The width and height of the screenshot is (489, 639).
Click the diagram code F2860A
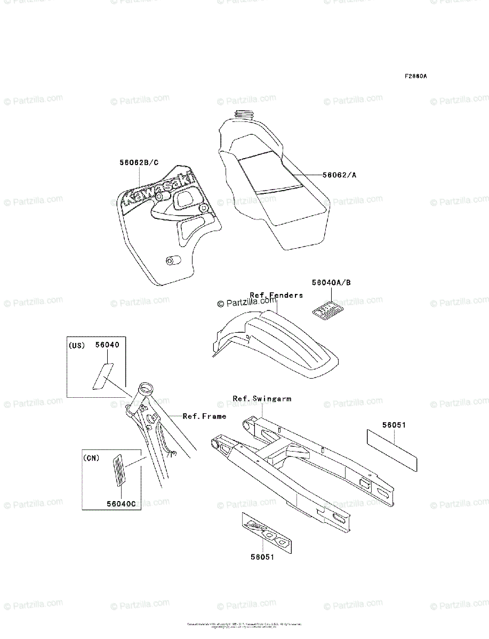coord(415,76)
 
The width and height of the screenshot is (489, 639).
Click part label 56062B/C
coord(139,162)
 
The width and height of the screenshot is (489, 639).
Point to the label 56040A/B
coord(331,283)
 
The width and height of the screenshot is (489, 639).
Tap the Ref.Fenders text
coord(276,295)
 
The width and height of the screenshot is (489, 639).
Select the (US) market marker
coord(77,345)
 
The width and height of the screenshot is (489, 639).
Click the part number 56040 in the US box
coord(107,345)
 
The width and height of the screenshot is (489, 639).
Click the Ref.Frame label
coord(204,416)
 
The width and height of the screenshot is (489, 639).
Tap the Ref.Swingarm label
coord(262,398)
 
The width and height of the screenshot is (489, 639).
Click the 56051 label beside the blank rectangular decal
coord(394,425)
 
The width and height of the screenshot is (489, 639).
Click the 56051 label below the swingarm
coord(263,557)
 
